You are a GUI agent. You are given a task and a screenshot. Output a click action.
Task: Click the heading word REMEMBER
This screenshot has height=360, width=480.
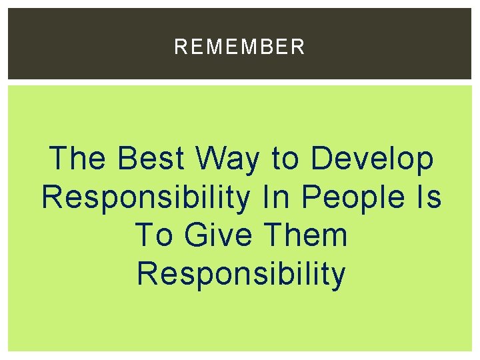pos(239,47)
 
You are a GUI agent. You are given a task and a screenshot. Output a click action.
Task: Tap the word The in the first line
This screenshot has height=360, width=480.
pos(77,159)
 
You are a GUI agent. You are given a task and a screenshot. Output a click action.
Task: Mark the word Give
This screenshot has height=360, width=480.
pos(213,236)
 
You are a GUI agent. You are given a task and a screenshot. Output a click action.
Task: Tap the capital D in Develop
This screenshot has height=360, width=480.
pos(321,159)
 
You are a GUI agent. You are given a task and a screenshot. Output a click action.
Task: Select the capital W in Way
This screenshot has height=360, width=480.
pos(211,159)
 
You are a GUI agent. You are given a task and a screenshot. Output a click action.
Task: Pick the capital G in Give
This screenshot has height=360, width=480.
pos(195,236)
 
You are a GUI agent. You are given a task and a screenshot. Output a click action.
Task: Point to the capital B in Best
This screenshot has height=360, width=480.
pos(126,159)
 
